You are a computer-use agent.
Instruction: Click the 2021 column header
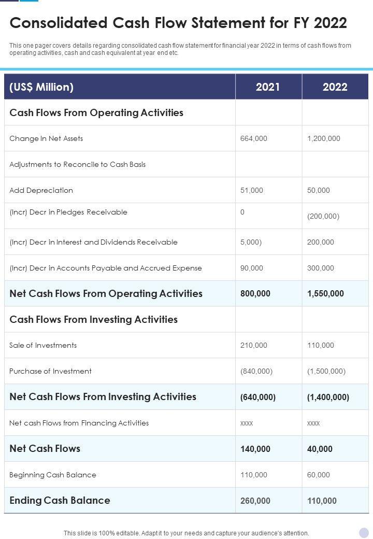tap(268, 87)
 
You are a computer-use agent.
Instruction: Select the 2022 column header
tap(335, 87)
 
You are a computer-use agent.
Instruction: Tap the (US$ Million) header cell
tap(41, 87)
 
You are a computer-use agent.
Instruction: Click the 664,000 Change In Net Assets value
tap(254, 138)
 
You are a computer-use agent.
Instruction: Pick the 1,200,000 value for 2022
tap(324, 138)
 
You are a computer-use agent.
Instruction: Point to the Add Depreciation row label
tap(41, 190)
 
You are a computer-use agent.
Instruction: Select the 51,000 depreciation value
tap(252, 190)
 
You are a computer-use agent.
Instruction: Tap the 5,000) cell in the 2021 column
tap(251, 242)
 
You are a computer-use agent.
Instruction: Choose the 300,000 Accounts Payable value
tap(321, 268)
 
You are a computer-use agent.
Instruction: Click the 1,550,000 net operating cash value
tap(325, 293)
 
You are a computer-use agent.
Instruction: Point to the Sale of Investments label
tap(43, 345)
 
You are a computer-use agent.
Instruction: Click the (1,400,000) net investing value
tap(328, 397)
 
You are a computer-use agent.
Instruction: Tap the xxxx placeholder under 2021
tap(247, 423)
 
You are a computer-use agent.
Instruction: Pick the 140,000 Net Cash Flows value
tap(255, 449)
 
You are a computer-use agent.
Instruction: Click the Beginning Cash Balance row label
tap(53, 475)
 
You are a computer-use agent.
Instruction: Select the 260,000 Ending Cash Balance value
tap(255, 501)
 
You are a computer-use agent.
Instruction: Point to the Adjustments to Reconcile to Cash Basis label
tap(78, 164)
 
